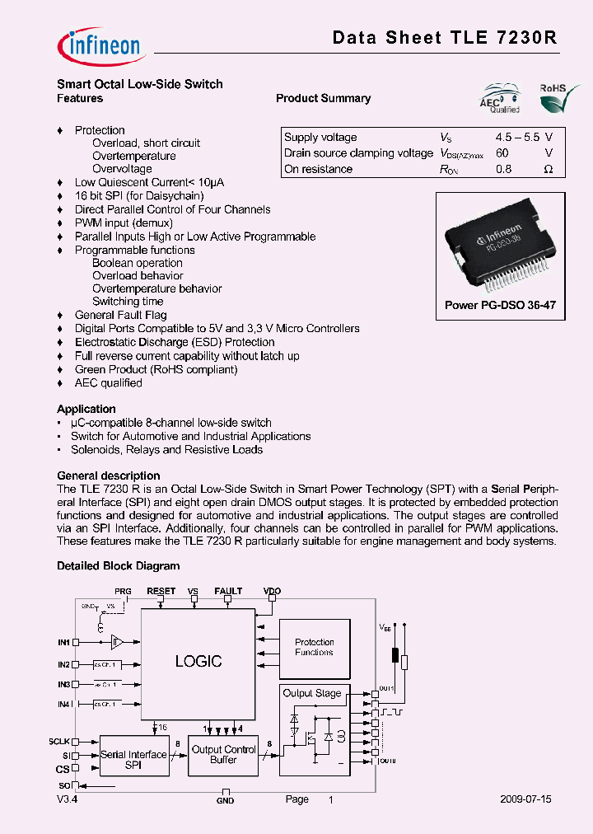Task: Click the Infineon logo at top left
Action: (98, 42)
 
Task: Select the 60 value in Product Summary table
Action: (502, 153)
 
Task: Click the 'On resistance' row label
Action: (318, 169)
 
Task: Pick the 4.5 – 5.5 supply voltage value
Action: (517, 138)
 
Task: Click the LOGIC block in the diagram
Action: (198, 661)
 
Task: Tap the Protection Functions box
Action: (314, 647)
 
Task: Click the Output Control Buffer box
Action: (224, 755)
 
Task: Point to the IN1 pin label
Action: (63, 641)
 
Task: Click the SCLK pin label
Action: (59, 742)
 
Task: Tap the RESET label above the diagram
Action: (161, 591)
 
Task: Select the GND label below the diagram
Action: (225, 800)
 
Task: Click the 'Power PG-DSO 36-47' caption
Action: (500, 305)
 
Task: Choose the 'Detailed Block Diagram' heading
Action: (118, 566)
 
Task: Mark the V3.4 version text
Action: (68, 799)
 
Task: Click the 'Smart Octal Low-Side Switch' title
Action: (139, 84)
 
